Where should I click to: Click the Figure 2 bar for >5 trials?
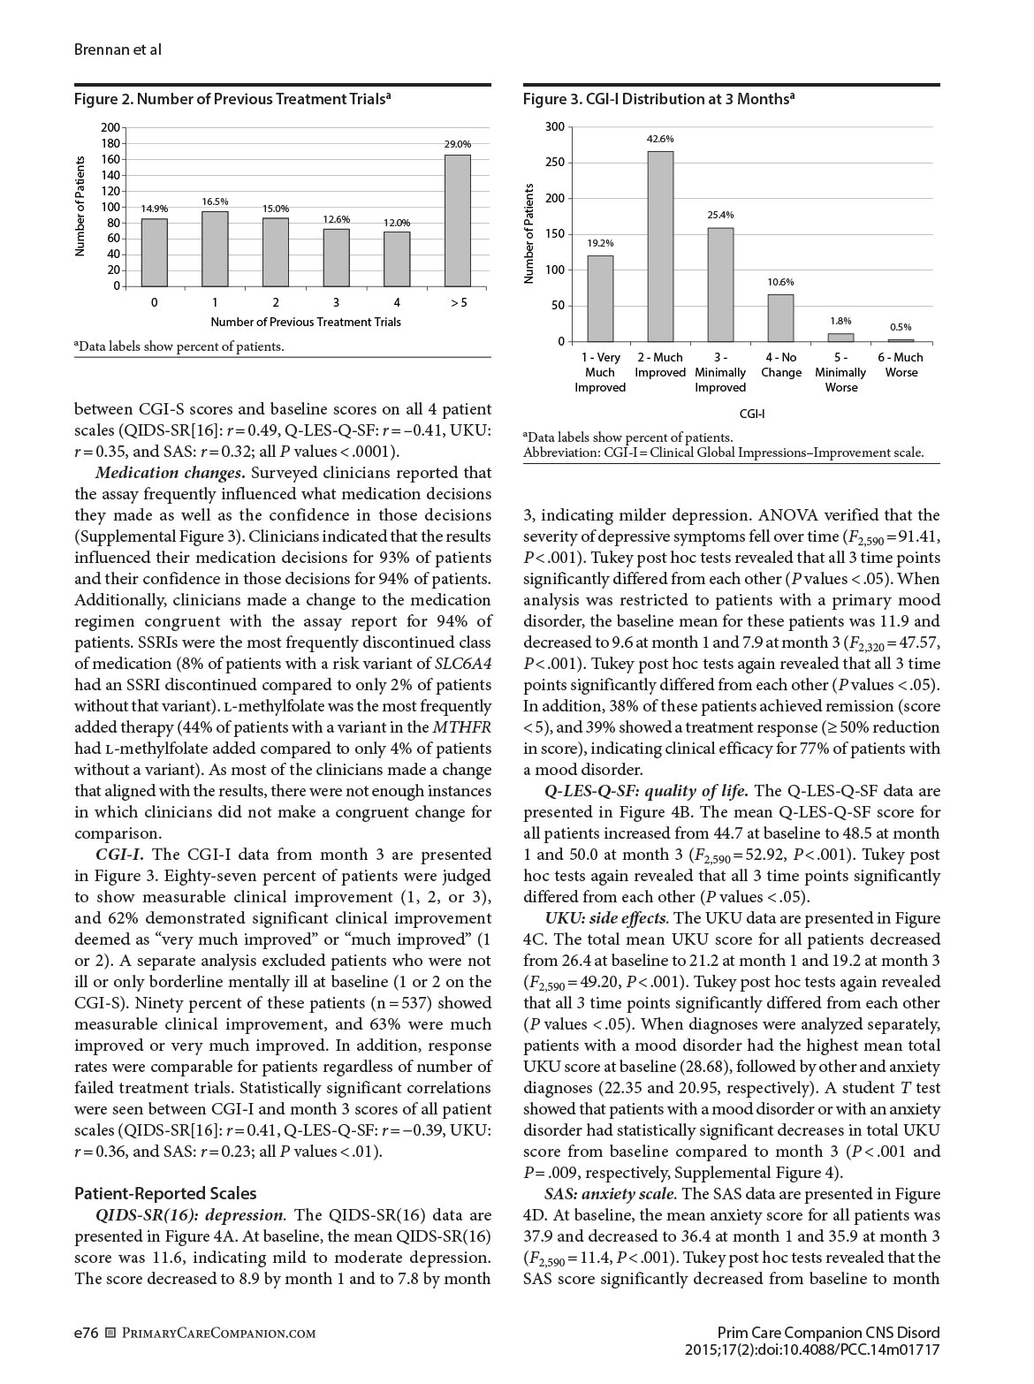(458, 220)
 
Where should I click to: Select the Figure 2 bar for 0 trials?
(155, 252)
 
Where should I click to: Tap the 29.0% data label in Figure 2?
(458, 144)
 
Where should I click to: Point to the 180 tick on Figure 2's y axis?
(110, 143)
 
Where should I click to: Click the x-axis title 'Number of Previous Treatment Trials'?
(306, 322)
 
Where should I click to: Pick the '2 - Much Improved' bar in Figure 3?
(660, 247)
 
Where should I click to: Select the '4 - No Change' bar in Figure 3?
(780, 318)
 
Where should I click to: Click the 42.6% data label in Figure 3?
(660, 139)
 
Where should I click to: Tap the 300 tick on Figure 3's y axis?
(554, 126)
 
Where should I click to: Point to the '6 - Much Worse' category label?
(901, 365)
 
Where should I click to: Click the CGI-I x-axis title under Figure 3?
(752, 413)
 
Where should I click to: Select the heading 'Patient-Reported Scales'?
(165, 1193)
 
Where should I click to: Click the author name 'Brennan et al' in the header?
(118, 49)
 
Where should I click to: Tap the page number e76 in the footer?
(86, 1332)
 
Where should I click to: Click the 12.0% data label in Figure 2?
(397, 223)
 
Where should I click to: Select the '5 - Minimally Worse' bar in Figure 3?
(840, 337)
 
